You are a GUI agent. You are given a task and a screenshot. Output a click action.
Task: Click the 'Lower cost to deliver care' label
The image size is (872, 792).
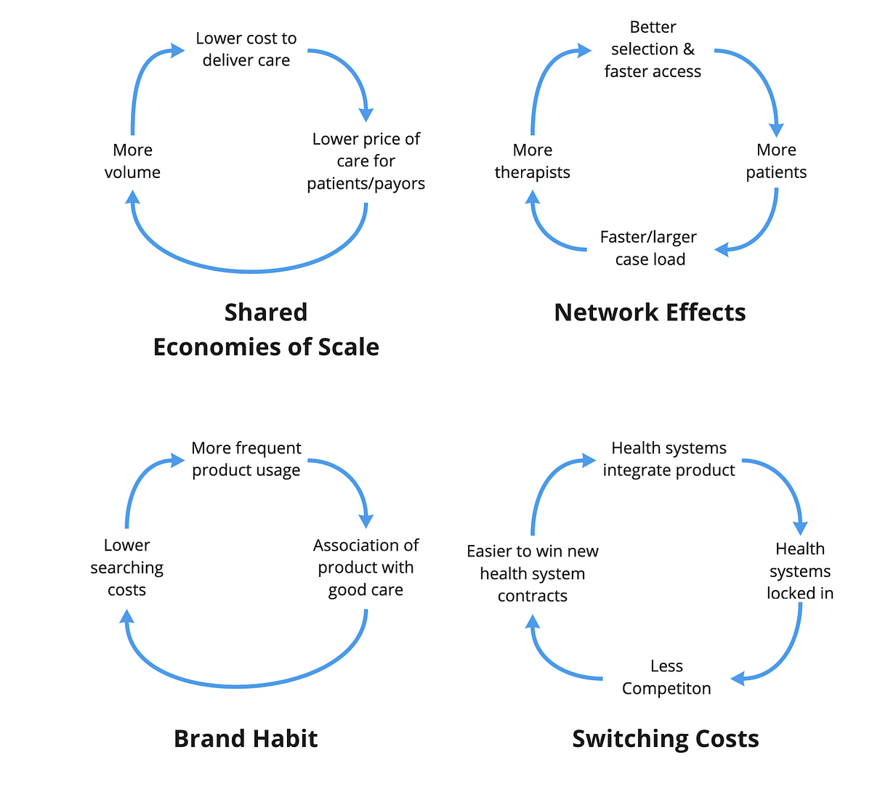coord(246,49)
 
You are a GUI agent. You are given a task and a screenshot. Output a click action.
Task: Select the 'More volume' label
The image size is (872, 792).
coord(132,161)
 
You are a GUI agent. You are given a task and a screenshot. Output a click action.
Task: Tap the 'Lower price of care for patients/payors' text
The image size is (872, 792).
coord(366,161)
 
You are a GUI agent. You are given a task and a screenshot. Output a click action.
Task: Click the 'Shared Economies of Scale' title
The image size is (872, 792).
coord(266,329)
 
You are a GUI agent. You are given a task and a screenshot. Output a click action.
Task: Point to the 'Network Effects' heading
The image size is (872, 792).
coord(650,312)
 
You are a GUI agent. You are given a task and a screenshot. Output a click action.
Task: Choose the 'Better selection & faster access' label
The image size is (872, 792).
coord(653,49)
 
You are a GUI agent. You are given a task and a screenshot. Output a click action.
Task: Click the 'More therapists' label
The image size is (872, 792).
coord(532,161)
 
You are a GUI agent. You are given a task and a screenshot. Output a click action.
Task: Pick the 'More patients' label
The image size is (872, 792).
coord(776,161)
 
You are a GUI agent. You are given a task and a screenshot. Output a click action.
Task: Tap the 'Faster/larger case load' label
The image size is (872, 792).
coord(649,248)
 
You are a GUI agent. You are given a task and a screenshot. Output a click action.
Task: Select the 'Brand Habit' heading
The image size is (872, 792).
coord(246,738)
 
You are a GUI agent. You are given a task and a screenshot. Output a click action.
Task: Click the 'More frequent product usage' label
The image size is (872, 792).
coord(246,459)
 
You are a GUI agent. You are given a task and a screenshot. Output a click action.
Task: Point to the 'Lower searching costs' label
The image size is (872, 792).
coord(126,567)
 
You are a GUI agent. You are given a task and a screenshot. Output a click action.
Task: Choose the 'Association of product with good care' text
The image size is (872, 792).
coord(366,567)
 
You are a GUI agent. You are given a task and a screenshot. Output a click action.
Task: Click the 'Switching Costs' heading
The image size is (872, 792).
coord(665,738)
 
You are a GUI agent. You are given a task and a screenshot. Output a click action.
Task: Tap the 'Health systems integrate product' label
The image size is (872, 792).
coord(669,459)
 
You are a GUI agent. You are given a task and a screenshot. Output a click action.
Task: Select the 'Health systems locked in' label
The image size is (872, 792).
coord(799,571)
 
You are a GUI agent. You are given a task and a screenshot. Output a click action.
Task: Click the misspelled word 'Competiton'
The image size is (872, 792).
coord(666,689)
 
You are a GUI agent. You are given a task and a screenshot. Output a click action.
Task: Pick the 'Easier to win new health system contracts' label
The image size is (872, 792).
coord(532,573)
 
